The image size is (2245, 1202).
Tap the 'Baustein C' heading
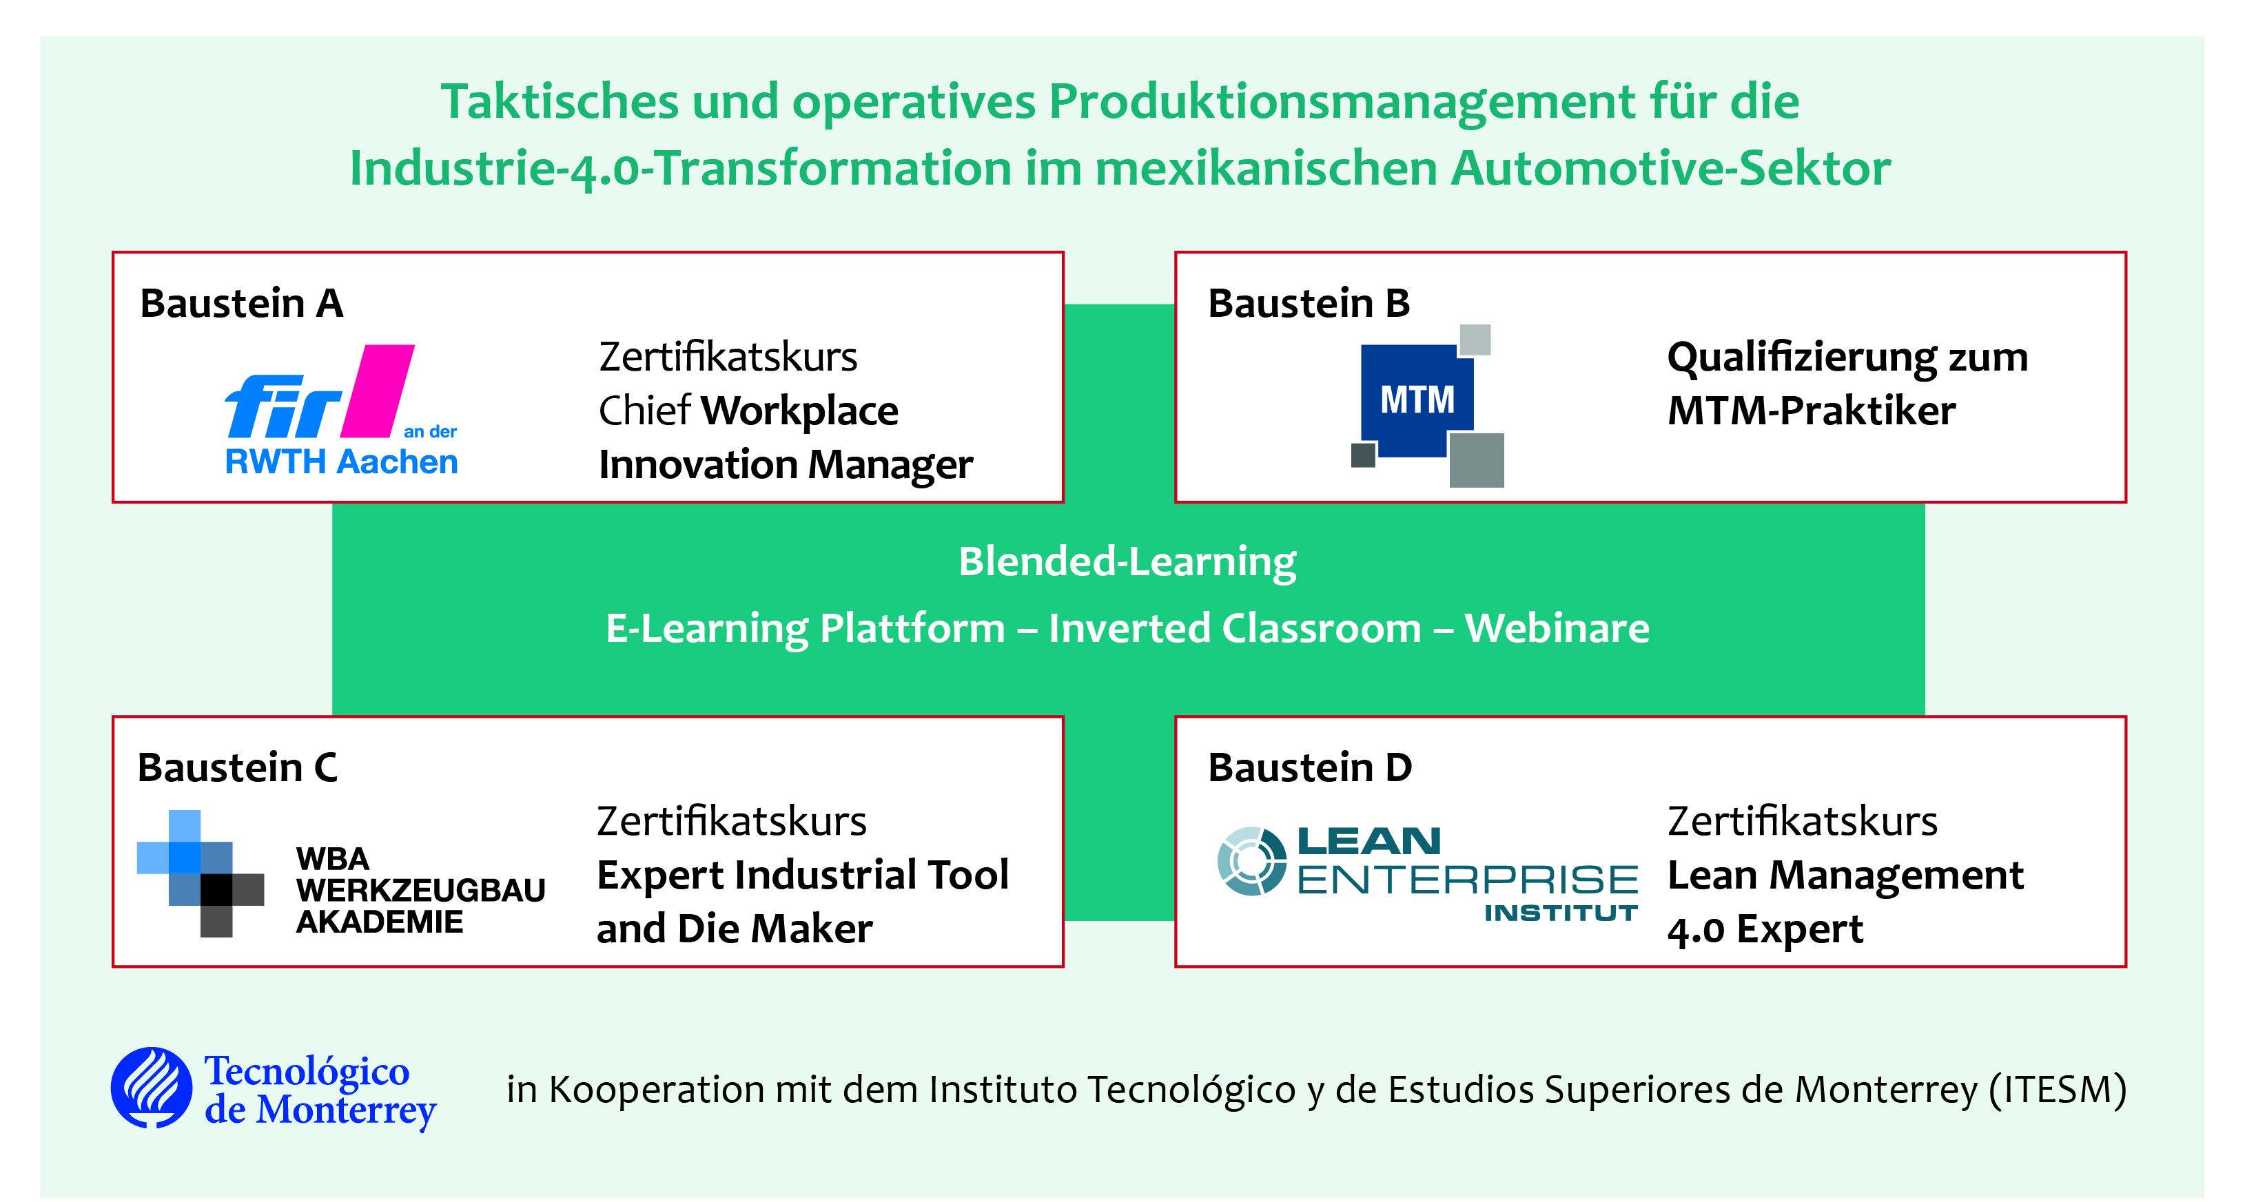point(237,768)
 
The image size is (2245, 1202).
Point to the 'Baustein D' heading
point(1309,768)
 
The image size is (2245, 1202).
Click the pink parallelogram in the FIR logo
point(378,391)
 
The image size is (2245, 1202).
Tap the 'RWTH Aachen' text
point(342,462)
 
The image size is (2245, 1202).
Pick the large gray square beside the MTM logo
point(1476,460)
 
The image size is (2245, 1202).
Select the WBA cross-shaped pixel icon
point(201,873)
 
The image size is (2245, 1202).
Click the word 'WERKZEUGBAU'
point(421,890)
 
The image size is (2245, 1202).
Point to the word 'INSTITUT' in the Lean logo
point(1561,913)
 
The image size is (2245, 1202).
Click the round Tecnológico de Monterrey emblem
point(152,1088)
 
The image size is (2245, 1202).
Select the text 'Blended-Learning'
point(1128,563)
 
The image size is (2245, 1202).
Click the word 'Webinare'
point(1557,628)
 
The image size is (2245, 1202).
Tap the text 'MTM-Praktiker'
point(1811,411)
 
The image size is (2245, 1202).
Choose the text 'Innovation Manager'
point(786,465)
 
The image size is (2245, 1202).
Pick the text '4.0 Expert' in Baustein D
point(1765,930)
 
